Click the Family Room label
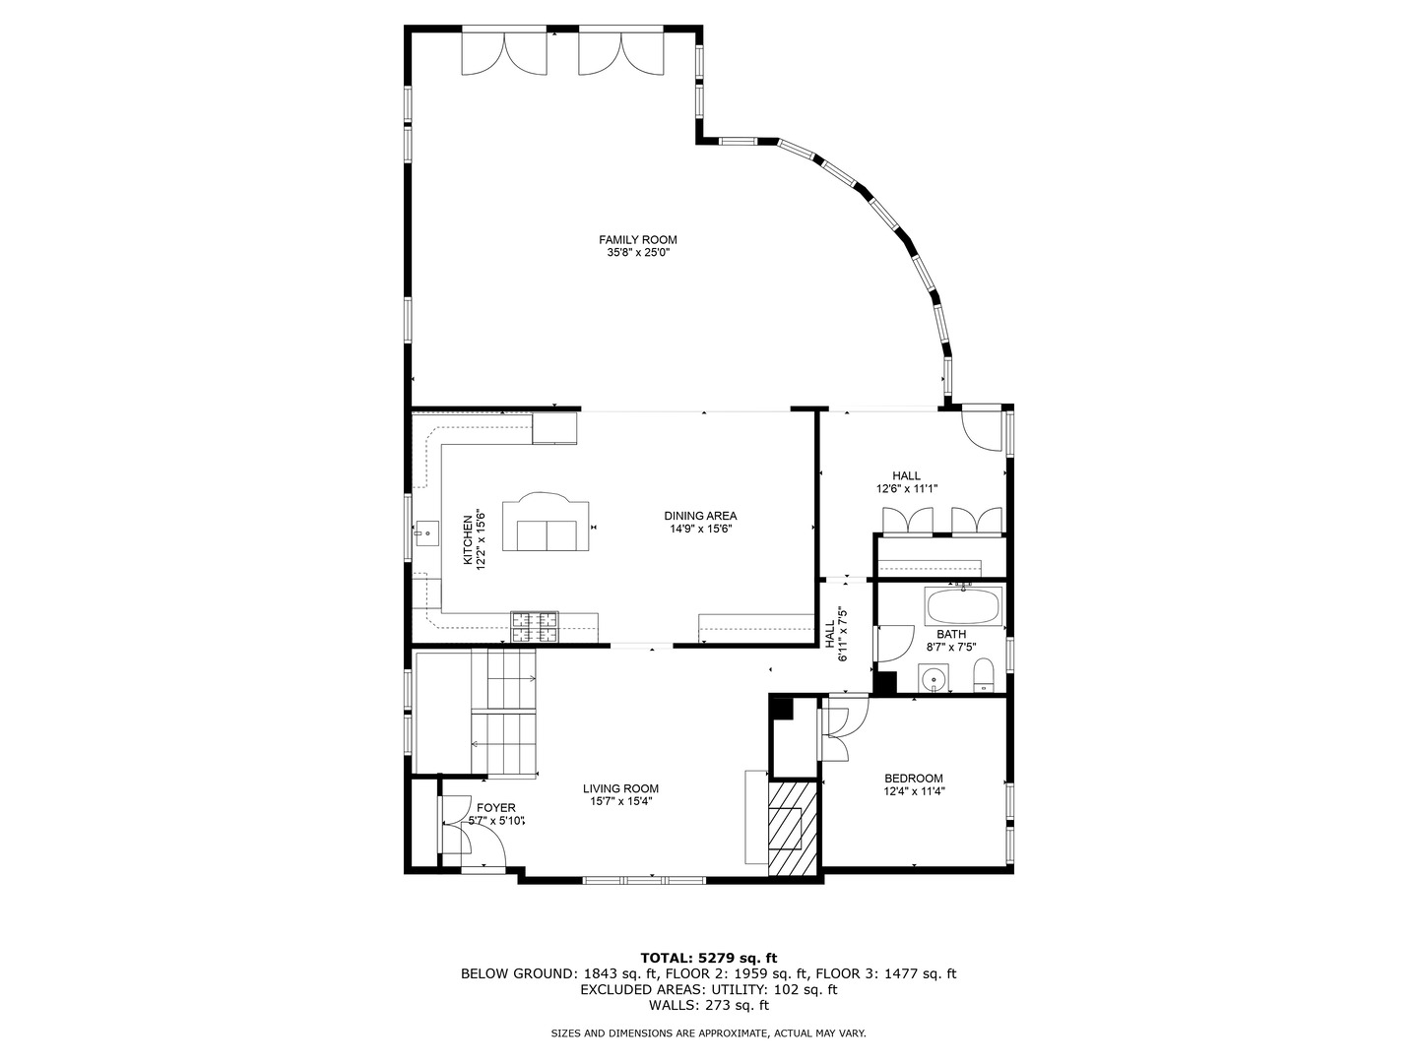pyautogui.click(x=638, y=239)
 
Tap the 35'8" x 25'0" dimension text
pyautogui.click(x=638, y=253)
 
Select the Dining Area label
pyautogui.click(x=699, y=516)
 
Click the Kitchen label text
pyautogui.click(x=469, y=539)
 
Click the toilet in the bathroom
pyautogui.click(x=984, y=676)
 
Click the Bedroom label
pyautogui.click(x=913, y=778)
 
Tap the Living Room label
pyautogui.click(x=620, y=788)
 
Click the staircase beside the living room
pyautogui.click(x=503, y=714)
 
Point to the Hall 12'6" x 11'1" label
pyautogui.click(x=907, y=482)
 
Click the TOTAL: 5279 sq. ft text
pyautogui.click(x=708, y=957)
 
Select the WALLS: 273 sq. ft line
pyautogui.click(x=708, y=1005)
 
